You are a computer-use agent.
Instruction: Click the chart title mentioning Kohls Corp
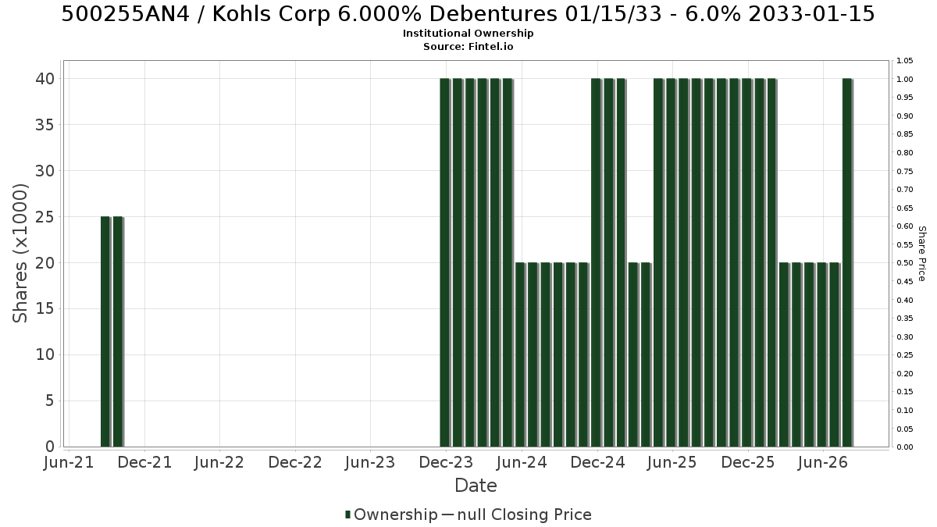[468, 14]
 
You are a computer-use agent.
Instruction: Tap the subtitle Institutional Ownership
[468, 34]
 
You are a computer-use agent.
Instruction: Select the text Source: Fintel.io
[468, 46]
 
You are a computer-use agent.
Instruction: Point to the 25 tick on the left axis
[45, 217]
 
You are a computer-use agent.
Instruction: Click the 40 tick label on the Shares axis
[45, 79]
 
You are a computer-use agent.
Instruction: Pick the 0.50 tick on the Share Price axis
[905, 263]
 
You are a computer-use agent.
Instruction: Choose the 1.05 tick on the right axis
[905, 61]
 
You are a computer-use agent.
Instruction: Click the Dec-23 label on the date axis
[446, 462]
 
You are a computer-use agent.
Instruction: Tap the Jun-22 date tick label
[219, 462]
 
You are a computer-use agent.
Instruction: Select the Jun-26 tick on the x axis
[823, 462]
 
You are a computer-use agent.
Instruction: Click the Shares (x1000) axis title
[20, 254]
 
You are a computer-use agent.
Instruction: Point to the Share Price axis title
[922, 254]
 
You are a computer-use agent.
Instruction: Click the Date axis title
[476, 486]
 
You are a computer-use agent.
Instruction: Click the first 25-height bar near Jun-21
[105, 332]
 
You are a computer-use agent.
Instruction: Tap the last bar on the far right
[847, 262]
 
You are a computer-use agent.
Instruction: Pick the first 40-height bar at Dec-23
[444, 262]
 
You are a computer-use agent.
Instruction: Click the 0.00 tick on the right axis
[905, 447]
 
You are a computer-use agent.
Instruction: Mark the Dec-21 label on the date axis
[144, 462]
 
